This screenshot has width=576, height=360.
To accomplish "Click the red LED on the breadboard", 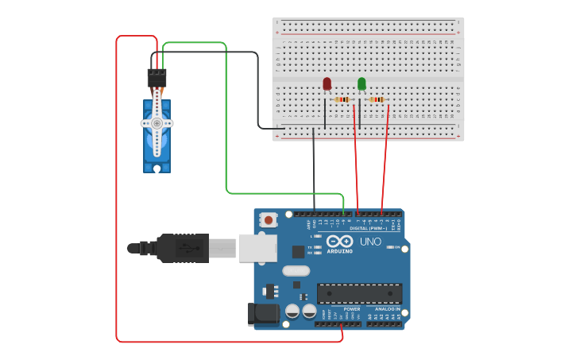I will click(327, 83).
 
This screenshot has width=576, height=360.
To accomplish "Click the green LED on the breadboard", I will click(361, 83).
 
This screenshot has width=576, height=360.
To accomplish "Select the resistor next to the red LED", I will click(342, 99).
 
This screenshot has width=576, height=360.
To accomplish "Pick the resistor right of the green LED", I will click(377, 99).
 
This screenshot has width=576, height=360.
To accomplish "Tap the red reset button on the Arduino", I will click(269, 219).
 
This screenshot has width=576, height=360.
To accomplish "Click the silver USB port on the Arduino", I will click(257, 248).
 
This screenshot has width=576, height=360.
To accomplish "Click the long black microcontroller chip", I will click(359, 293).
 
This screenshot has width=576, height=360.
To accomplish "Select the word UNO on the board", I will click(370, 242).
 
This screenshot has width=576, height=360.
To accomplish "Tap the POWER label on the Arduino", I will click(351, 309).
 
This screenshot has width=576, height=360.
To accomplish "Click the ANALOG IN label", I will click(388, 309).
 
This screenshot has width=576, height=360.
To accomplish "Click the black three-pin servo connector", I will click(157, 78).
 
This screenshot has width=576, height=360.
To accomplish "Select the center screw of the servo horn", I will click(157, 123).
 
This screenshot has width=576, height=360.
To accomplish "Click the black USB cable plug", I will click(183, 248).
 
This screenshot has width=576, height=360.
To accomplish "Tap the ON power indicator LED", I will click(389, 247).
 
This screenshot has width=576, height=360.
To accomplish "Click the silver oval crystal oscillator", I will click(296, 270).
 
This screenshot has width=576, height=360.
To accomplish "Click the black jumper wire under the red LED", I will click(325, 115).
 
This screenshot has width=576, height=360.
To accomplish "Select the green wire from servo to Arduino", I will click(226, 119).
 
